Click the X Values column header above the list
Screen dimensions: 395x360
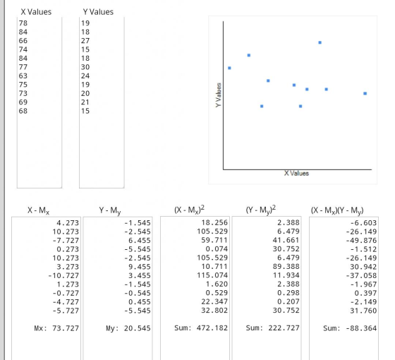[36, 12]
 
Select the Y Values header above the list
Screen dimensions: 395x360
[98, 12]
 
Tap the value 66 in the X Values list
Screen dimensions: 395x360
[23, 41]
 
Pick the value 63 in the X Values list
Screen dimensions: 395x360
[23, 76]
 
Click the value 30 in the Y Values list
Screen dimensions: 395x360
[85, 67]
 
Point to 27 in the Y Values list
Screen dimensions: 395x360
[85, 41]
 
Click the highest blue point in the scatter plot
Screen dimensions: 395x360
[320, 42]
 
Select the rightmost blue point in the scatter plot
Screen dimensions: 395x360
[365, 93]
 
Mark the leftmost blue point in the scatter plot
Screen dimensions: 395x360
[229, 68]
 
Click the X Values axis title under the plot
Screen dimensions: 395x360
[296, 174]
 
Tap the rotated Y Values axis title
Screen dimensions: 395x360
[219, 95]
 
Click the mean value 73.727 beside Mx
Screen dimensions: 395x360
[66, 328]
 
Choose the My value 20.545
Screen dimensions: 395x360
[138, 328]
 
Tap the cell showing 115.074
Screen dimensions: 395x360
[212, 275]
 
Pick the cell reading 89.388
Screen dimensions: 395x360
[286, 267]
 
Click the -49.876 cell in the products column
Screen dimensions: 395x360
[361, 240]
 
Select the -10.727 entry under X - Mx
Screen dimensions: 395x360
[63, 275]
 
